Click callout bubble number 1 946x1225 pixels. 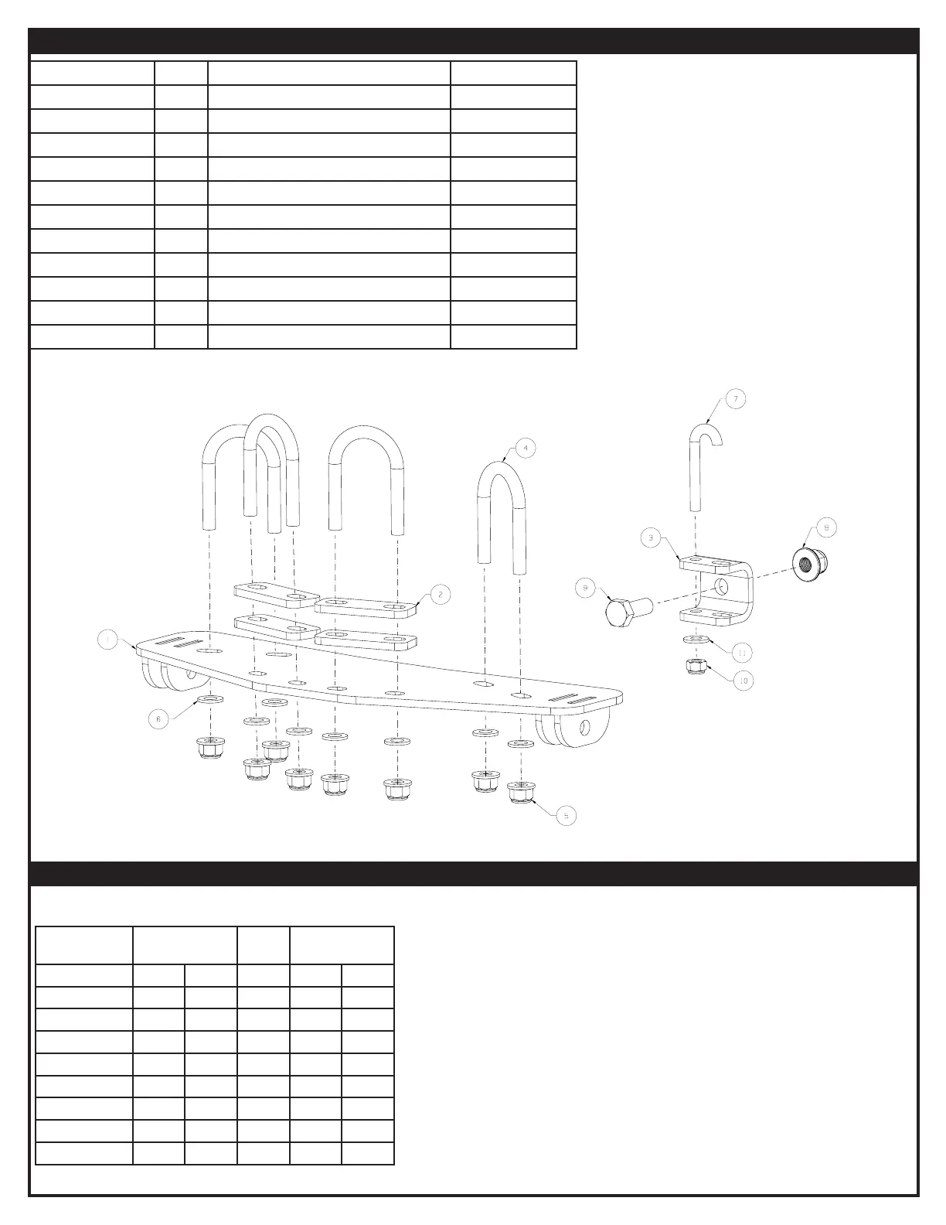(108, 640)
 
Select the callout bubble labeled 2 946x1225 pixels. (440, 594)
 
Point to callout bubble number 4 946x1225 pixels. (525, 448)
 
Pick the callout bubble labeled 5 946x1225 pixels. (566, 815)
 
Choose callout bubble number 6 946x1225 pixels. (158, 718)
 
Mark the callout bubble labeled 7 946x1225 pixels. (735, 399)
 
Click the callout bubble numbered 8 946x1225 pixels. (825, 527)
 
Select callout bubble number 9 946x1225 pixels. (585, 589)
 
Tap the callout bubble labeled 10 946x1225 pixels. (744, 681)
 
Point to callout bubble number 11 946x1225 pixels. (741, 653)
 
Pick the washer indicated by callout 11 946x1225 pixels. (697, 640)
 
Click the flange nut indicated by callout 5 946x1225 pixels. (522, 792)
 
